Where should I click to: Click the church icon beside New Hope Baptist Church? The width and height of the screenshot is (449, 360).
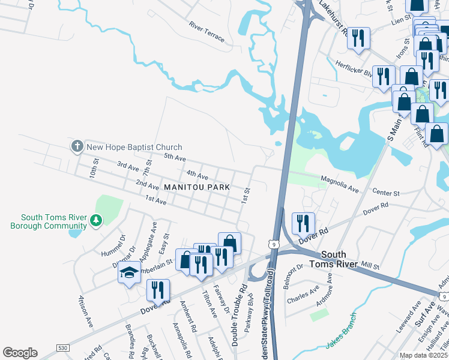(x=77, y=146)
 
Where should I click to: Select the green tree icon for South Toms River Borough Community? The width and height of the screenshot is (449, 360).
(x=95, y=221)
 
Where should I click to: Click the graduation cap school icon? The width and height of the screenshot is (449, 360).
(x=129, y=274)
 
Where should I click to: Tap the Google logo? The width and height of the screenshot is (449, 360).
(x=20, y=353)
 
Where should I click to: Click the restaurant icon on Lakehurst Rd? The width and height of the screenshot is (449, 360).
(x=359, y=38)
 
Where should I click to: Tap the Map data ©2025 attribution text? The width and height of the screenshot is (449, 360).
(x=424, y=355)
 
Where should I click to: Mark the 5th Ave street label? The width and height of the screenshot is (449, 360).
(x=175, y=157)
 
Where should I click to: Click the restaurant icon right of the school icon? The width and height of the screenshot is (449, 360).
(x=158, y=290)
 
